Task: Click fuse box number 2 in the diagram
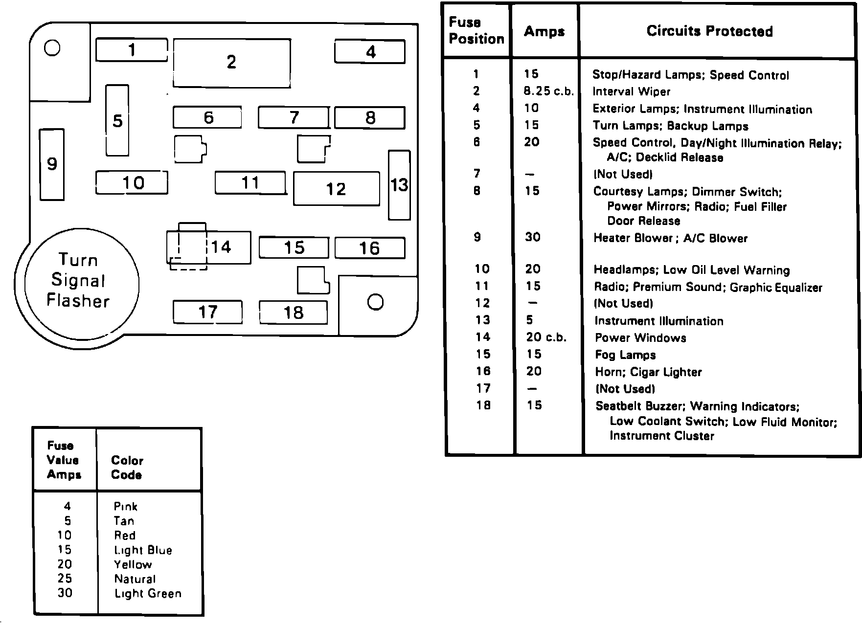(x=231, y=63)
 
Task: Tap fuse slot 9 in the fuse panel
(x=52, y=164)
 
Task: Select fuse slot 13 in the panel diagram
(x=399, y=185)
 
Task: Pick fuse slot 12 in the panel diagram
(x=336, y=189)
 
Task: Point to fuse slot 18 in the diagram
(x=293, y=313)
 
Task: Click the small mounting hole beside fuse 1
(x=52, y=48)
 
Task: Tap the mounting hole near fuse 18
(x=375, y=302)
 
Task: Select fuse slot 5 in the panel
(x=117, y=120)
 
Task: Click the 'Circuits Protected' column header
(x=709, y=31)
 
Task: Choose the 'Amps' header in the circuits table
(x=544, y=32)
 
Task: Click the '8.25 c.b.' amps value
(x=548, y=91)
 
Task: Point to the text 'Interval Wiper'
(x=631, y=92)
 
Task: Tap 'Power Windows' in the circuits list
(x=640, y=338)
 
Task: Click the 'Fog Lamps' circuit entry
(x=625, y=355)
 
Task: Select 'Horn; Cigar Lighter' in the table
(x=648, y=372)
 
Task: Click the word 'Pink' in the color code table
(x=125, y=507)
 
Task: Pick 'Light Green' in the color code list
(x=148, y=594)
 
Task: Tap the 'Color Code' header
(x=127, y=468)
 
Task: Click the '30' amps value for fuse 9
(x=532, y=238)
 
